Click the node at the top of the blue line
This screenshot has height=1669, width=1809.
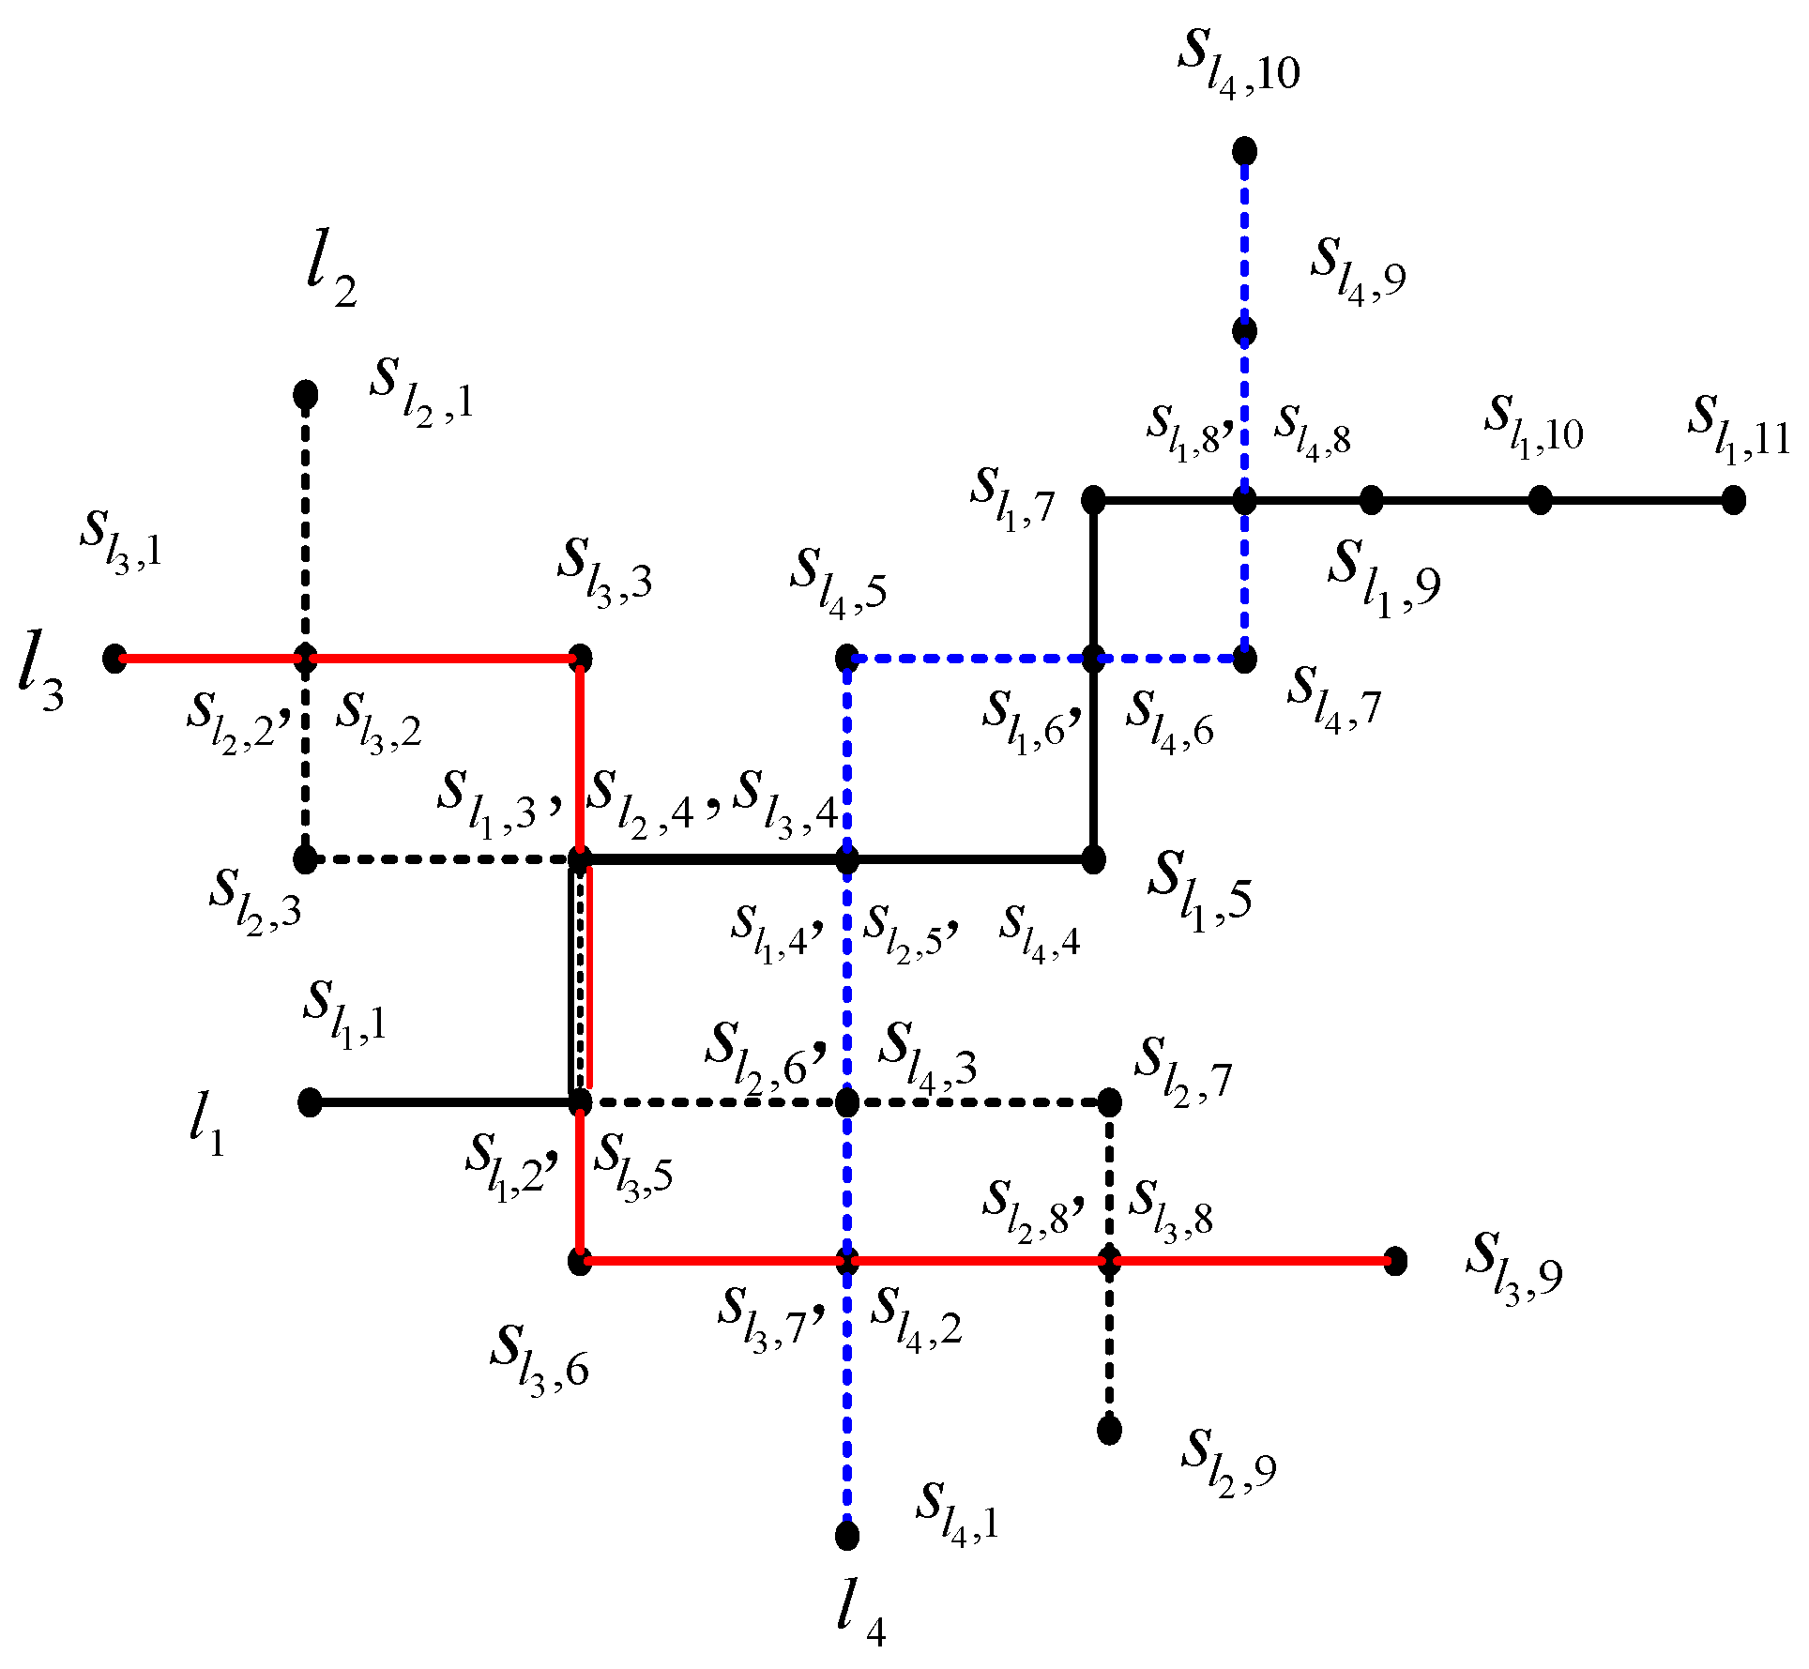[x=1244, y=150]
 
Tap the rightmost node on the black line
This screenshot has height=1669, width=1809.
[x=1733, y=500]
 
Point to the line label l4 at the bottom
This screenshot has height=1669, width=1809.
[x=860, y=1616]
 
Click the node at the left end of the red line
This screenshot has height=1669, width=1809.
[x=114, y=659]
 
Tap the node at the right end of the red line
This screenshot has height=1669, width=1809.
[x=1395, y=1261]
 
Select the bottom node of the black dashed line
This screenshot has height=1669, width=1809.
[x=1109, y=1429]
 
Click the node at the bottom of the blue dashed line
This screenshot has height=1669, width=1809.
[x=846, y=1535]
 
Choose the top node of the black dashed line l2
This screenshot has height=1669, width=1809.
[x=305, y=395]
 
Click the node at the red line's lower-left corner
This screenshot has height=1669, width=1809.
[x=581, y=1261]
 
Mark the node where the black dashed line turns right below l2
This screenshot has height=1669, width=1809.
[x=305, y=858]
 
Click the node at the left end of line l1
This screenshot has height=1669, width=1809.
[x=310, y=1102]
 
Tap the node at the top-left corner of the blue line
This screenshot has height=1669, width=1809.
[x=846, y=658]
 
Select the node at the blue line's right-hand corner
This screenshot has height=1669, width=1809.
[x=1244, y=659]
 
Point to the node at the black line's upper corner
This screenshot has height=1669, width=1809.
[x=1093, y=500]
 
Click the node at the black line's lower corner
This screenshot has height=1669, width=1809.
[x=1093, y=858]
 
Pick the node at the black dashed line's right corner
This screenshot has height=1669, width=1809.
[x=1109, y=1102]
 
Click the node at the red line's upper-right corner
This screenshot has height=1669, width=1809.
[x=581, y=658]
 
